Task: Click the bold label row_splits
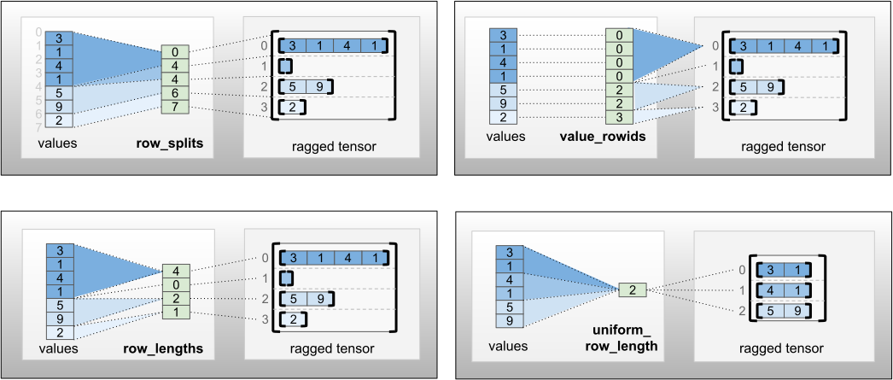click(169, 143)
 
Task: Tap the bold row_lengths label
click(169, 348)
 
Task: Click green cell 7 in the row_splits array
click(175, 106)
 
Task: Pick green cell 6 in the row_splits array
click(175, 92)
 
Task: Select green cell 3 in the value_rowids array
click(619, 117)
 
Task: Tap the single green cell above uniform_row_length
click(633, 290)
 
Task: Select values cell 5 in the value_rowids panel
click(503, 90)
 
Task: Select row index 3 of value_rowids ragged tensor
click(715, 108)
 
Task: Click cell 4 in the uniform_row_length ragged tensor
click(771, 290)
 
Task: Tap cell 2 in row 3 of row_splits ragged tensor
click(292, 108)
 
